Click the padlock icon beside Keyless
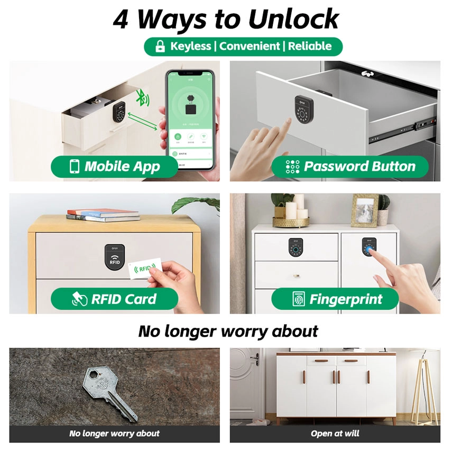(x=160, y=47)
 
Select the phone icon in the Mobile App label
(x=75, y=167)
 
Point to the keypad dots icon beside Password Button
(x=292, y=167)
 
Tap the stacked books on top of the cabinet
(x=103, y=215)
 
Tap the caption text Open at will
(x=335, y=433)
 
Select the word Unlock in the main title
(x=293, y=20)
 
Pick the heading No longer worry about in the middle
(x=228, y=331)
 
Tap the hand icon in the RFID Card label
(x=79, y=299)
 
